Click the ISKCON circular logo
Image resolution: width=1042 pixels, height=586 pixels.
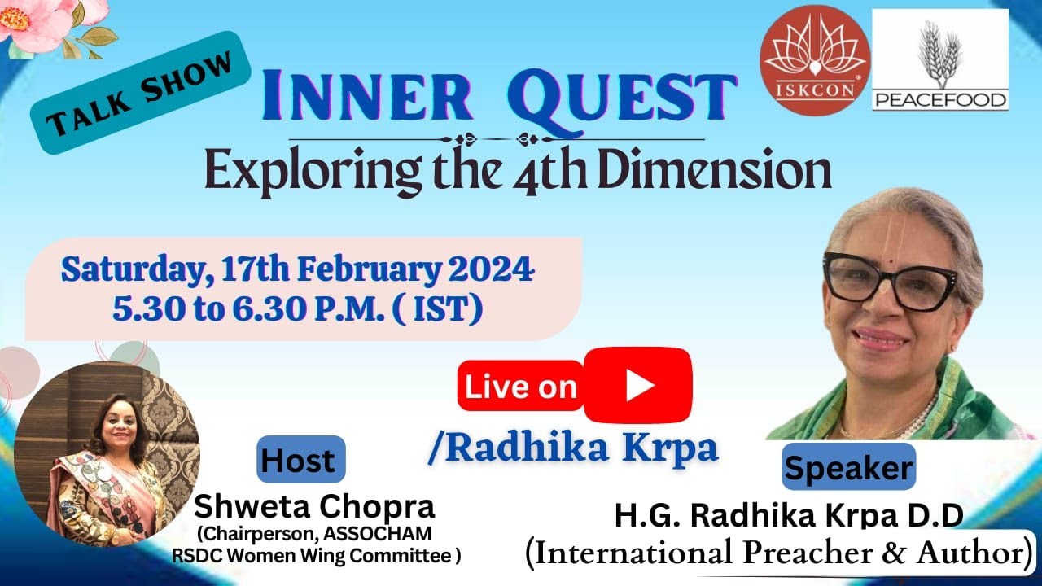814,62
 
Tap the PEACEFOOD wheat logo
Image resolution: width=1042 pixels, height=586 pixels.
939,61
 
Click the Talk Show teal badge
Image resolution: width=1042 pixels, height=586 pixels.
140,92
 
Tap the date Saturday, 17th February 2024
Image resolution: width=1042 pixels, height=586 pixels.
298,269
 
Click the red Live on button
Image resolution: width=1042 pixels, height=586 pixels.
521,387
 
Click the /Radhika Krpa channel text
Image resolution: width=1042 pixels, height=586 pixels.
573,448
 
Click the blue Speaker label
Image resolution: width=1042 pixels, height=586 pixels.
848,469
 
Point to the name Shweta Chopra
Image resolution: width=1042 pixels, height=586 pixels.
314,507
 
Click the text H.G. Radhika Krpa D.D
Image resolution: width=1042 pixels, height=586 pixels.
789,516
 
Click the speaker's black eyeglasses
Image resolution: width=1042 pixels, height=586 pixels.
889,280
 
